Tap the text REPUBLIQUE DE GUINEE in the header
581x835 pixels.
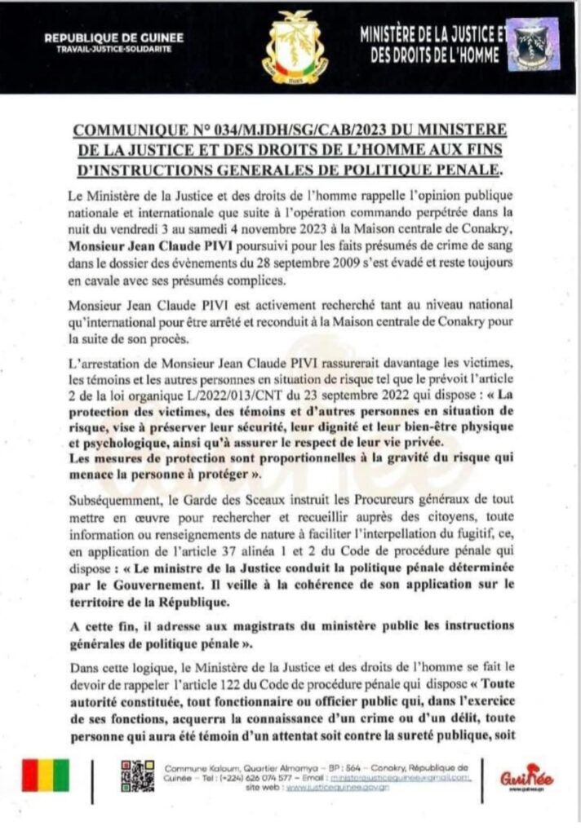113,38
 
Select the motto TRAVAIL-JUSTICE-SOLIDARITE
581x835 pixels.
113,49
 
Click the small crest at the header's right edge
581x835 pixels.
534,44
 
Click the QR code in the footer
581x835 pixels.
137,775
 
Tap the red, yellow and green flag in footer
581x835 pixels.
46,776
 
